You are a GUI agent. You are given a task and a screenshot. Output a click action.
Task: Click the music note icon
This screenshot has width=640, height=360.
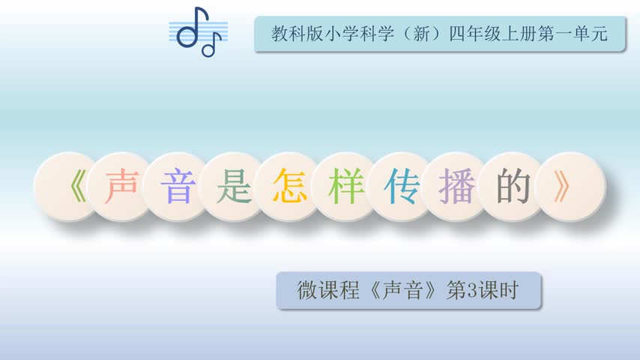pyautogui.click(x=199, y=31)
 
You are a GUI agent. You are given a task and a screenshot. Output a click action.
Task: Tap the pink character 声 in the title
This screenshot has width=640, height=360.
pyautogui.click(x=121, y=187)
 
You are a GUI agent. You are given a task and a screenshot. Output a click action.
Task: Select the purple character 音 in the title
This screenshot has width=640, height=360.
pyautogui.click(x=178, y=187)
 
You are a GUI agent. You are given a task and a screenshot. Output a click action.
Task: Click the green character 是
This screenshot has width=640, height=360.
pyautogui.click(x=234, y=187)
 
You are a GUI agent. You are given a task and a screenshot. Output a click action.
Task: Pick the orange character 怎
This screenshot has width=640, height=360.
pyautogui.click(x=290, y=187)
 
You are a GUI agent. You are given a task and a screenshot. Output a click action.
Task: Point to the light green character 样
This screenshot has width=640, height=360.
pyautogui.click(x=345, y=187)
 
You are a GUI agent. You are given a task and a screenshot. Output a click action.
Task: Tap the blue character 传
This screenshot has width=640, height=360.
pyautogui.click(x=402, y=187)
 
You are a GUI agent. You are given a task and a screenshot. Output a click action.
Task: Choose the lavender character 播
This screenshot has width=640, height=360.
pyautogui.click(x=457, y=187)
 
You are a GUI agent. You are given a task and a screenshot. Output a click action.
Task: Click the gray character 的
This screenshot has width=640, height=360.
pyautogui.click(x=513, y=187)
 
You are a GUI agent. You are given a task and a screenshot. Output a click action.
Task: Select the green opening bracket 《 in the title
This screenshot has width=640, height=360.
pyautogui.click(x=78, y=187)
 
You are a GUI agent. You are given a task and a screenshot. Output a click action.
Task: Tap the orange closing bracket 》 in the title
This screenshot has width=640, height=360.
pyautogui.click(x=562, y=187)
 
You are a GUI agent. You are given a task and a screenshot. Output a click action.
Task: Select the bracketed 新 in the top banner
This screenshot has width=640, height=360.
pyautogui.click(x=422, y=34)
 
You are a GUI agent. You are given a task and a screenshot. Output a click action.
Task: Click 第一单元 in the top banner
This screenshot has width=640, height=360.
pyautogui.click(x=573, y=34)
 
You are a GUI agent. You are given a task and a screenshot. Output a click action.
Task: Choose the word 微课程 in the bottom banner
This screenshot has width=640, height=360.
pyautogui.click(x=328, y=290)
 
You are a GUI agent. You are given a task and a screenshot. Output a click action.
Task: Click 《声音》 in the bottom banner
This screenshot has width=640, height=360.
pyautogui.click(x=402, y=290)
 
